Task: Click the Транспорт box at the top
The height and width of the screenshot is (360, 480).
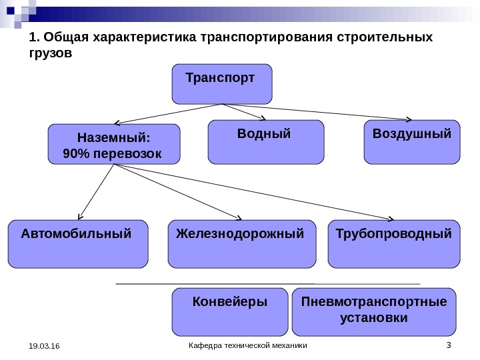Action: [222, 84]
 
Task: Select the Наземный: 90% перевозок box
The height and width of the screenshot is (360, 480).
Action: [115, 144]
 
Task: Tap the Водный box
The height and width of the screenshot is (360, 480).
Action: [266, 141]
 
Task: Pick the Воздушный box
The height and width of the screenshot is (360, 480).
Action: [411, 141]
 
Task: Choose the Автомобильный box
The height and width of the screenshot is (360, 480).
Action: [77, 243]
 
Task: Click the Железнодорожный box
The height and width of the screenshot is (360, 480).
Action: [241, 243]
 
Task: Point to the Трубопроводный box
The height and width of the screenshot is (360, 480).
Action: [395, 243]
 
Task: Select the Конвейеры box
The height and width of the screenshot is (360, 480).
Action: [230, 311]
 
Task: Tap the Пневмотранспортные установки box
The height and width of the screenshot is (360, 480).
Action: [374, 311]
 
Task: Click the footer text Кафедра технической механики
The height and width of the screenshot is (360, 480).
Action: [249, 345]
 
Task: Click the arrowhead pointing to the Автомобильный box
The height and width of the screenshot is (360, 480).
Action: [81, 217]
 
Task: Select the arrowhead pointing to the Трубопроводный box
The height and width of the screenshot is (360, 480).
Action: [389, 218]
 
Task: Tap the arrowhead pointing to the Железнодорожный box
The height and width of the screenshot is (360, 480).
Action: [238, 217]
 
